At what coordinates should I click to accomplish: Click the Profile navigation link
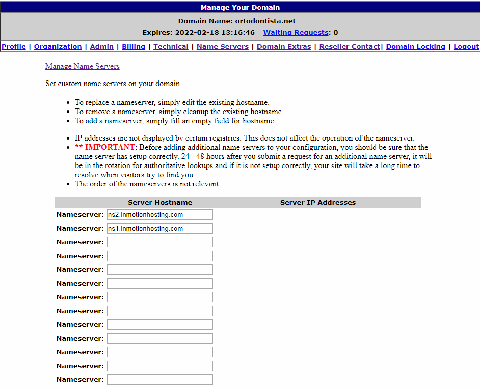point(14,46)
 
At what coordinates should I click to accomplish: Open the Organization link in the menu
point(58,46)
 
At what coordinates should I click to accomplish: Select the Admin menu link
point(102,46)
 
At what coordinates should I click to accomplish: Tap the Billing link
point(134,46)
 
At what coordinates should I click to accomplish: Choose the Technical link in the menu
point(171,46)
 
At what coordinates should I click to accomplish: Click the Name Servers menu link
point(223,46)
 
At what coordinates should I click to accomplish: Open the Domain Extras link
point(284,46)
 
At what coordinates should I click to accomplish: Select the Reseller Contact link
point(350,46)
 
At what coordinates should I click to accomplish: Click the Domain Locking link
point(415,46)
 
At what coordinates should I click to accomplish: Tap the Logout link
point(466,46)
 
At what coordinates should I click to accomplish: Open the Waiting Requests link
point(296,32)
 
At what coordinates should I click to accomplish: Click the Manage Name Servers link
point(83,66)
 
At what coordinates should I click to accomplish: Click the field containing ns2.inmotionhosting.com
point(159,215)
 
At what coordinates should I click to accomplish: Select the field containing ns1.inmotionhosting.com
point(159,229)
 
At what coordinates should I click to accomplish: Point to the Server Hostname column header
point(160,202)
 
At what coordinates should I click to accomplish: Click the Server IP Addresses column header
point(318,202)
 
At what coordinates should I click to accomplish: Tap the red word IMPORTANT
point(110,147)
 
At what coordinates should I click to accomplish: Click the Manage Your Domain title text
point(240,7)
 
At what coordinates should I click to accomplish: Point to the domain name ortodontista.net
point(265,21)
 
